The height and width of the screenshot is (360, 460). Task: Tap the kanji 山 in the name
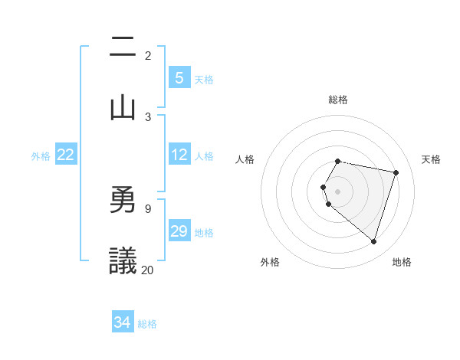pos(123,106)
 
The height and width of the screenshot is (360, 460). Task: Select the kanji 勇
pos(123,199)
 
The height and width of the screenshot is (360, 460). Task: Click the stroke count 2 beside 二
pos(148,56)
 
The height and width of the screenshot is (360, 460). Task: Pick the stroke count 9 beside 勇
pos(148,208)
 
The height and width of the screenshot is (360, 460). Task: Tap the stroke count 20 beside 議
pos(148,270)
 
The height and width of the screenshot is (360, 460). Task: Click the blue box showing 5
pos(179,78)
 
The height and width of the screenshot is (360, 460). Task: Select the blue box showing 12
pos(179,155)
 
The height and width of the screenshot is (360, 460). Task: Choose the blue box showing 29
pos(179,231)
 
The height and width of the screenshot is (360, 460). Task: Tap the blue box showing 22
pos(66,155)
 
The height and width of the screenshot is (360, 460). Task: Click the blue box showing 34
pos(123,322)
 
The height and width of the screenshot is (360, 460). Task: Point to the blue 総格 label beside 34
pos(147,324)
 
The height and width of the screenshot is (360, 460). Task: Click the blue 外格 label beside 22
pos(41,156)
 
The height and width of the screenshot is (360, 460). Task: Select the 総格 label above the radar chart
pos(338,100)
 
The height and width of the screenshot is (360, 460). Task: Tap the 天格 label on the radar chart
pos(432,159)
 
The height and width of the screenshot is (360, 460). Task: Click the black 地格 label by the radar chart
pos(402,262)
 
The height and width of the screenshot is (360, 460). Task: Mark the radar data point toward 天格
pos(396,172)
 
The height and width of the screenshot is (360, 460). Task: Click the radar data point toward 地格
pos(373,241)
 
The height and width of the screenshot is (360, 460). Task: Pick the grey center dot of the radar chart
pos(338,191)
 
